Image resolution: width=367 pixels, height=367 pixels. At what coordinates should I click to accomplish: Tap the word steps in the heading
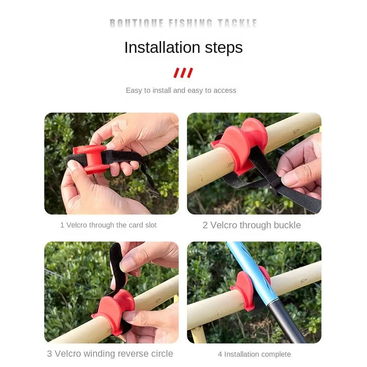point(224,48)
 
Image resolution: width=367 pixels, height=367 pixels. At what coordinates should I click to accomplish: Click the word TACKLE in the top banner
point(237,23)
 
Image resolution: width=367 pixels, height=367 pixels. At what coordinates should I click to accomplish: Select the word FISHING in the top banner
point(190,23)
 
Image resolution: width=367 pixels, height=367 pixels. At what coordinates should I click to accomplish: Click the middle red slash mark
point(183,73)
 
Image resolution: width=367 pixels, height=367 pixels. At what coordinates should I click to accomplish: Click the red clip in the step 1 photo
point(90,159)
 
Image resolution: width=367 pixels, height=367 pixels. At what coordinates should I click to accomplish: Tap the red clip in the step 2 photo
point(240,146)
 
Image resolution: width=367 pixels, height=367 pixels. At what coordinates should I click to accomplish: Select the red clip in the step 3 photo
point(113,310)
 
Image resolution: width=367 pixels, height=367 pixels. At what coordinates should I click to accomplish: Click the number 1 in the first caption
point(62,225)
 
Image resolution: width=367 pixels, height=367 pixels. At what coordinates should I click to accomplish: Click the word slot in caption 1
point(151,225)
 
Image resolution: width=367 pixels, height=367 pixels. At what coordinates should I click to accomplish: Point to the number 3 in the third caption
point(50,354)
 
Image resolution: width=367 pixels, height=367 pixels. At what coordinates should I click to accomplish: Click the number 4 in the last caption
point(220,355)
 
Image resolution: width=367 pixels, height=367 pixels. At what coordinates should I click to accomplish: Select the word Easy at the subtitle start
point(134,91)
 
